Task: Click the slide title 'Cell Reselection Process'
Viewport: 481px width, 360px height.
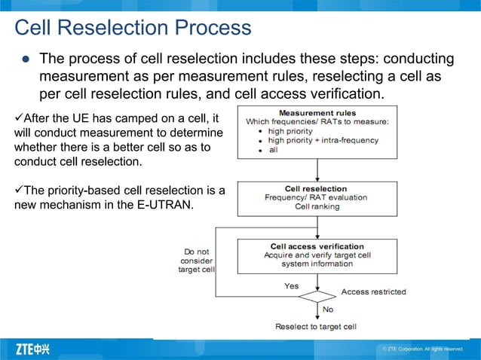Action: click(x=133, y=28)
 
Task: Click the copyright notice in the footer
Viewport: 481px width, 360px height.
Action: click(x=422, y=349)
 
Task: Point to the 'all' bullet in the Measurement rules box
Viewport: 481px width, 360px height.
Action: click(x=274, y=151)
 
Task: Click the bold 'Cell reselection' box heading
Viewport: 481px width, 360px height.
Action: click(x=316, y=189)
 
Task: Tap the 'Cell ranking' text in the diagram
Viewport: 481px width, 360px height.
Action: click(x=316, y=206)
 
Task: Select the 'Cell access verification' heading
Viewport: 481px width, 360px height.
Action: click(x=317, y=246)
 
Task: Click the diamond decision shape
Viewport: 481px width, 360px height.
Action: click(x=317, y=296)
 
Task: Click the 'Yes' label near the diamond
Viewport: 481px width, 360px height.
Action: click(x=291, y=286)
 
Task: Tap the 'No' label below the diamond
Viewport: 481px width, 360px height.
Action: click(x=328, y=310)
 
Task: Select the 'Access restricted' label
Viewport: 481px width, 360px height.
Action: click(x=373, y=291)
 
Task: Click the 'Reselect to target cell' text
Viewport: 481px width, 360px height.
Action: click(x=316, y=327)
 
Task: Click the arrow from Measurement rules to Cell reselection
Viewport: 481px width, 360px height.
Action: click(x=317, y=170)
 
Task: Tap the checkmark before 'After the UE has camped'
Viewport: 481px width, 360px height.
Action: click(x=20, y=119)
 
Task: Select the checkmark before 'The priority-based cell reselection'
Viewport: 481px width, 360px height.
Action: click(x=20, y=191)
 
